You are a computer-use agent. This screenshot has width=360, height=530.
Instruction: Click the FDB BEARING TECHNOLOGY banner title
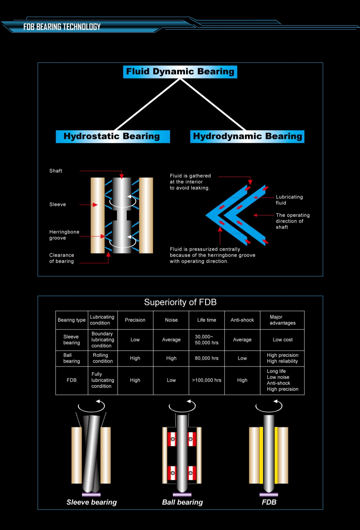coord(62,27)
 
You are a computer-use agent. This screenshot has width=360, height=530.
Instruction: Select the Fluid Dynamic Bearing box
coord(180,72)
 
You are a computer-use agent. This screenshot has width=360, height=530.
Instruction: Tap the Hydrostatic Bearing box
coord(113,136)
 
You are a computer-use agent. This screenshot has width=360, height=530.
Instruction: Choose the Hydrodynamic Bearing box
coord(247,136)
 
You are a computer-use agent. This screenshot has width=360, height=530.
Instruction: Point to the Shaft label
coord(56,171)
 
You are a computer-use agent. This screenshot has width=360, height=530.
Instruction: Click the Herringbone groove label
coord(64,235)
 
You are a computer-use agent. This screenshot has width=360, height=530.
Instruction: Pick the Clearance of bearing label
coord(62,258)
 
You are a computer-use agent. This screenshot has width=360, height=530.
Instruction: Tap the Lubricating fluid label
coord(289,200)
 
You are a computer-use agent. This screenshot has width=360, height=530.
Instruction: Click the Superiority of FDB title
coord(180,302)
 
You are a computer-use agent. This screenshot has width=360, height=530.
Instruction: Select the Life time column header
coord(206,320)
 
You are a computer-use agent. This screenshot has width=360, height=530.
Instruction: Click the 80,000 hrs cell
coord(206,358)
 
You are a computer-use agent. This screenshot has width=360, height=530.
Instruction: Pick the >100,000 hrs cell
coord(206,380)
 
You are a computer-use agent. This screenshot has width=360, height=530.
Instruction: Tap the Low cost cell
coord(283,340)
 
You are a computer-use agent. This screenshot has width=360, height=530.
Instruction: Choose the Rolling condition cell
coord(103,358)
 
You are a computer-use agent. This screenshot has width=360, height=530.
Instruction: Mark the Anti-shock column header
coord(242,320)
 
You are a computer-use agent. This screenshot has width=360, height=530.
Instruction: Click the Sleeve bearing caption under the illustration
coord(92,502)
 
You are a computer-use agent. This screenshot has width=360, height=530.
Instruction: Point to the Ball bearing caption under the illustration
coord(182,502)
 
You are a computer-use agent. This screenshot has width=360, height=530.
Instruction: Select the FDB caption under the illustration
coord(269,502)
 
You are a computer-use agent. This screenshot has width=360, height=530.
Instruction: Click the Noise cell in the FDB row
coord(171,380)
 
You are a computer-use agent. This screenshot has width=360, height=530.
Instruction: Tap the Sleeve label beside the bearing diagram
coord(57,204)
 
